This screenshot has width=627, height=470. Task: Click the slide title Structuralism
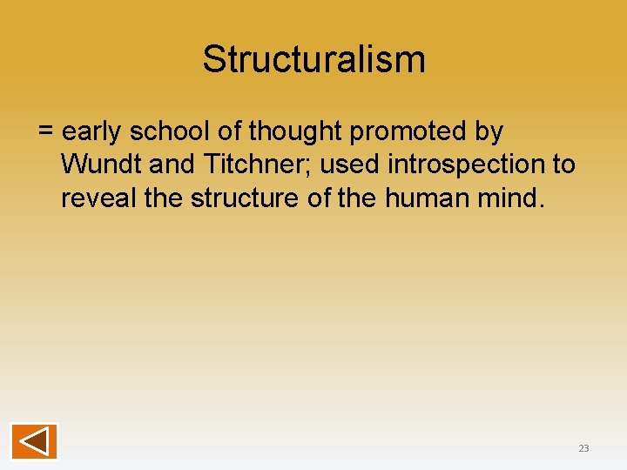tap(313, 59)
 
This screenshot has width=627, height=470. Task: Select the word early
tap(92, 132)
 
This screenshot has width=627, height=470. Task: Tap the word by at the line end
tap(489, 132)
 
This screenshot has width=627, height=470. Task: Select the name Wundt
tap(95, 164)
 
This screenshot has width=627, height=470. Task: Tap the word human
tap(422, 198)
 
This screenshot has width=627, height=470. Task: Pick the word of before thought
tap(230, 132)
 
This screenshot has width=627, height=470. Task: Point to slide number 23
tap(583, 448)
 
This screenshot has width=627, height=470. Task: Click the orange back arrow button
tap(34, 440)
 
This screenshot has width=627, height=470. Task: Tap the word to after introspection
tap(563, 164)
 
